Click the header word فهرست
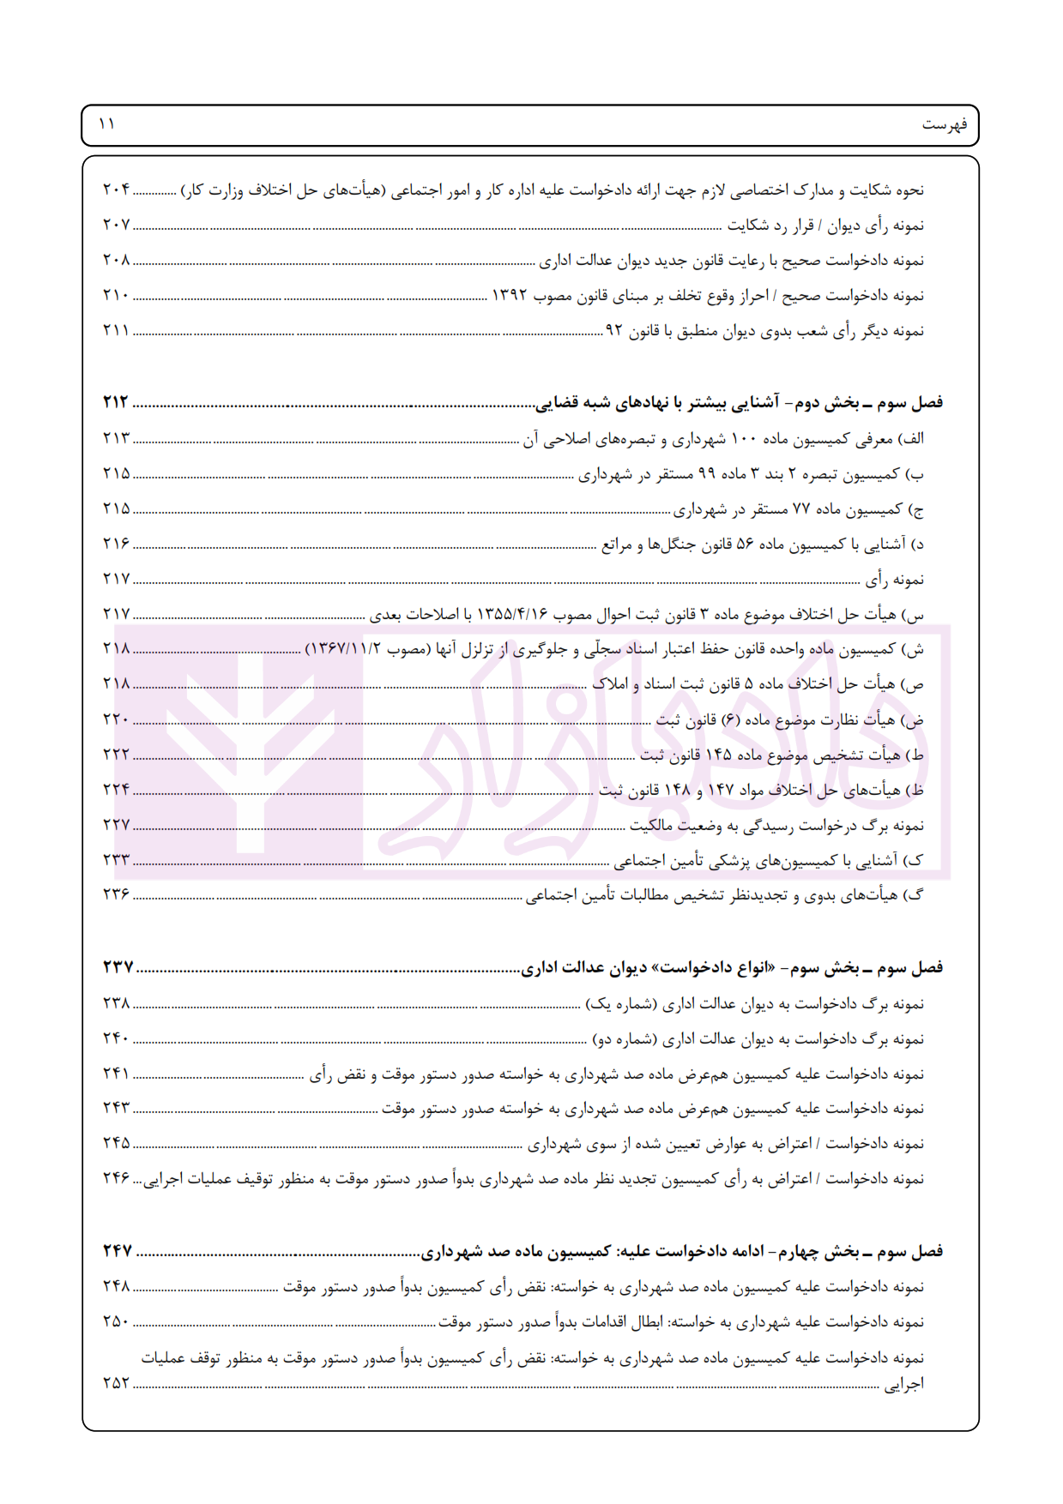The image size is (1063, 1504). [x=944, y=125]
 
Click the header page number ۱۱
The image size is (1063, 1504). [x=107, y=124]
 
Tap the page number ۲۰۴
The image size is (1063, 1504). [x=116, y=190]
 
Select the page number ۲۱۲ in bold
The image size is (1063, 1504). [x=116, y=402]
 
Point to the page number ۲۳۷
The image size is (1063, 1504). [x=118, y=967]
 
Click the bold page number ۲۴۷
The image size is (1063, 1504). [x=118, y=1251]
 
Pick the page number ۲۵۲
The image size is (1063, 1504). [x=116, y=1383]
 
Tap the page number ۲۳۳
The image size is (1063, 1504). [x=116, y=859]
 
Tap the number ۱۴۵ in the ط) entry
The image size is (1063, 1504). [x=718, y=755]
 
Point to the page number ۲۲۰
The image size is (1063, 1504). [x=116, y=719]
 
